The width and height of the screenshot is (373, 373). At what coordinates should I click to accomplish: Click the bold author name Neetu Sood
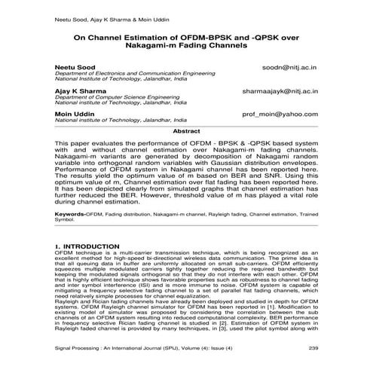(x=71, y=67)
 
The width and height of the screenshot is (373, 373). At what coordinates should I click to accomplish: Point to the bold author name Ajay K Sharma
(x=77, y=90)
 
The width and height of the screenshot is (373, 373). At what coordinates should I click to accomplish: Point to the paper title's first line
(x=186, y=35)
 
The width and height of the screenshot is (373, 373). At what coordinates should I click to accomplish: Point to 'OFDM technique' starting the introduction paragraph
(x=80, y=253)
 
